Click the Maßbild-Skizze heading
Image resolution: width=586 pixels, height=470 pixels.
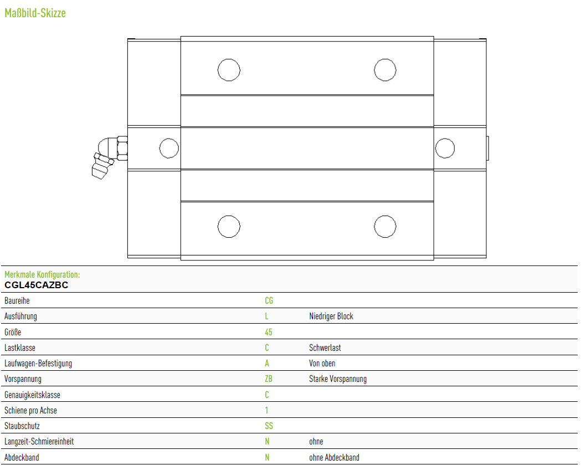pos(35,13)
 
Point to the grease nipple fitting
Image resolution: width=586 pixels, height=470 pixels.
pos(109,156)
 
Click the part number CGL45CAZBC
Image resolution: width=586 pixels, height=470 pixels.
pos(36,285)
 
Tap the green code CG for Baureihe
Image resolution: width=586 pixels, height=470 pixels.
pos(269,300)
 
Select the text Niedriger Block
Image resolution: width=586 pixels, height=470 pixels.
pos(331,316)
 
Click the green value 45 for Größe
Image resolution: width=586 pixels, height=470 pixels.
pos(268,332)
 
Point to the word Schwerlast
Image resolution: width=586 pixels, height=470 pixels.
pos(325,348)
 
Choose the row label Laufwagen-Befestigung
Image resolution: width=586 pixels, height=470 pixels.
pos(38,364)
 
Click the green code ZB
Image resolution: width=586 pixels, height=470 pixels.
pos(268,379)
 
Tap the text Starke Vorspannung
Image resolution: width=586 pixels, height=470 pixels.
pos(338,379)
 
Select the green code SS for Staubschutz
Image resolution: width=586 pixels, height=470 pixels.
pos(269,426)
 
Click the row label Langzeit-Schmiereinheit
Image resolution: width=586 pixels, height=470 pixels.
pos(39,442)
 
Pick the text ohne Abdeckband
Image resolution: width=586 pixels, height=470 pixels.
pos(334,457)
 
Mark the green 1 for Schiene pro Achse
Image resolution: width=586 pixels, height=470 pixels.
pos(266,410)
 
